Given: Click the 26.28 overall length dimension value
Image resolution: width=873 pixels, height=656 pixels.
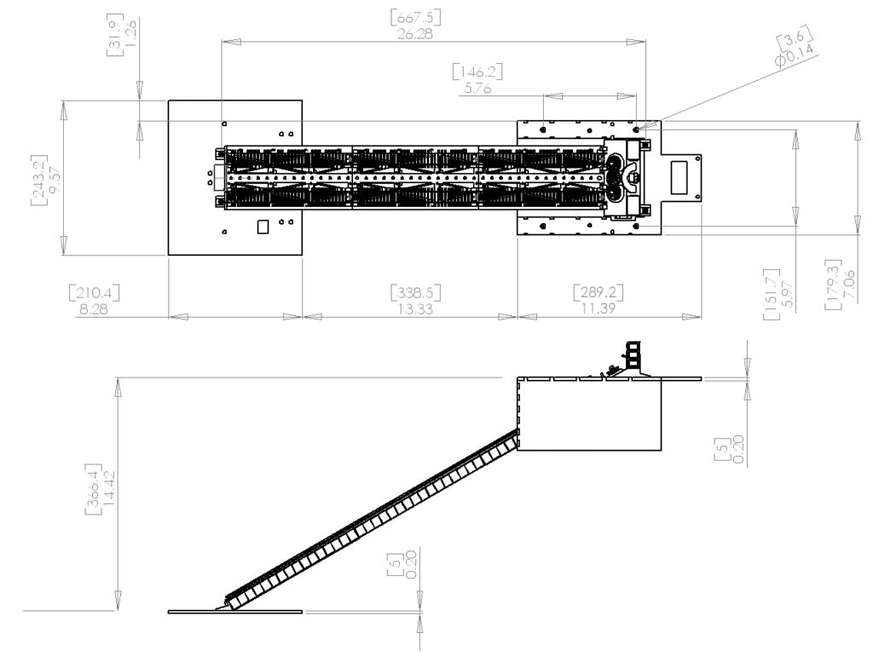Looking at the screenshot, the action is pos(415,34).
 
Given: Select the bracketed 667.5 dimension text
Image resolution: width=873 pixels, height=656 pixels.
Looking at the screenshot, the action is pos(415,17).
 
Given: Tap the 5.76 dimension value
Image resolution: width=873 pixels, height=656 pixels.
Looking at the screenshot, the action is pos(477,88).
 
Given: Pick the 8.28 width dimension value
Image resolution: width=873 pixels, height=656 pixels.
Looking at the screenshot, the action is pos(94,308).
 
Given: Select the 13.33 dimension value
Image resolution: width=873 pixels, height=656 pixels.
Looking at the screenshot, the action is pos(415,308).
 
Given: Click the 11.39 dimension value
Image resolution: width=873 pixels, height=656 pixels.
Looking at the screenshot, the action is pos(598,308).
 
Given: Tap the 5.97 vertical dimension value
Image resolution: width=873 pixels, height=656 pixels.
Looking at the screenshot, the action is pos(787,294).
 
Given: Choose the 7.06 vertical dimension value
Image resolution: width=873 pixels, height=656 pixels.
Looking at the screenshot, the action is pos(849,284).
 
